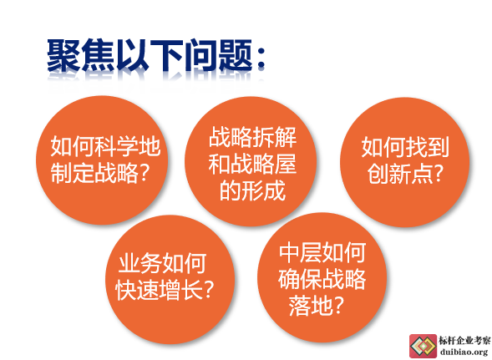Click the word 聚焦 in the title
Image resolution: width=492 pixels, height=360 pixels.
pyautogui.click(x=81, y=55)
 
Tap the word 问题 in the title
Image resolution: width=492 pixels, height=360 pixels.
pyautogui.click(x=218, y=55)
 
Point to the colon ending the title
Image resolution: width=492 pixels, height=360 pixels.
pyautogui.click(x=261, y=58)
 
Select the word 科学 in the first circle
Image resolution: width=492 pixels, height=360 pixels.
pyautogui.click(x=116, y=146)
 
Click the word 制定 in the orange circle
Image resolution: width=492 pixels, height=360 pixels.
pyautogui.click(x=73, y=173)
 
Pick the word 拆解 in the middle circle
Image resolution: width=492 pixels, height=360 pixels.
pyautogui.click(x=275, y=137)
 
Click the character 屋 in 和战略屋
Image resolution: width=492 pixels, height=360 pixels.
pyautogui.click(x=285, y=164)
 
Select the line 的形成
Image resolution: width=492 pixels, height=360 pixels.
pyautogui.click(x=252, y=190)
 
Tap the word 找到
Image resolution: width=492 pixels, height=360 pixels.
pyautogui.click(x=427, y=146)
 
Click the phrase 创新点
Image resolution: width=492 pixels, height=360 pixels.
pyautogui.click(x=400, y=174)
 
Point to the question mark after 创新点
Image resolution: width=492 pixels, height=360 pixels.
pyautogui.click(x=438, y=174)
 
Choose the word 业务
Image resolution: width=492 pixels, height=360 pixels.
pyautogui.click(x=140, y=263)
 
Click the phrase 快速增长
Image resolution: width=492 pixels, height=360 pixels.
pyautogui.click(x=160, y=290)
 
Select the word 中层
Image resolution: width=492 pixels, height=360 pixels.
pyautogui.click(x=301, y=252)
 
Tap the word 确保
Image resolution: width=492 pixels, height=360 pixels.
pyautogui.click(x=300, y=279)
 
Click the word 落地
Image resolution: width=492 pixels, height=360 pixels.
pyautogui.click(x=311, y=306)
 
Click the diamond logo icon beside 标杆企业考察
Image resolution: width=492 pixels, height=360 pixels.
pyautogui.click(x=423, y=346)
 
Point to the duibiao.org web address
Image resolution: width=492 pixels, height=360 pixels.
pyautogui.click(x=464, y=352)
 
